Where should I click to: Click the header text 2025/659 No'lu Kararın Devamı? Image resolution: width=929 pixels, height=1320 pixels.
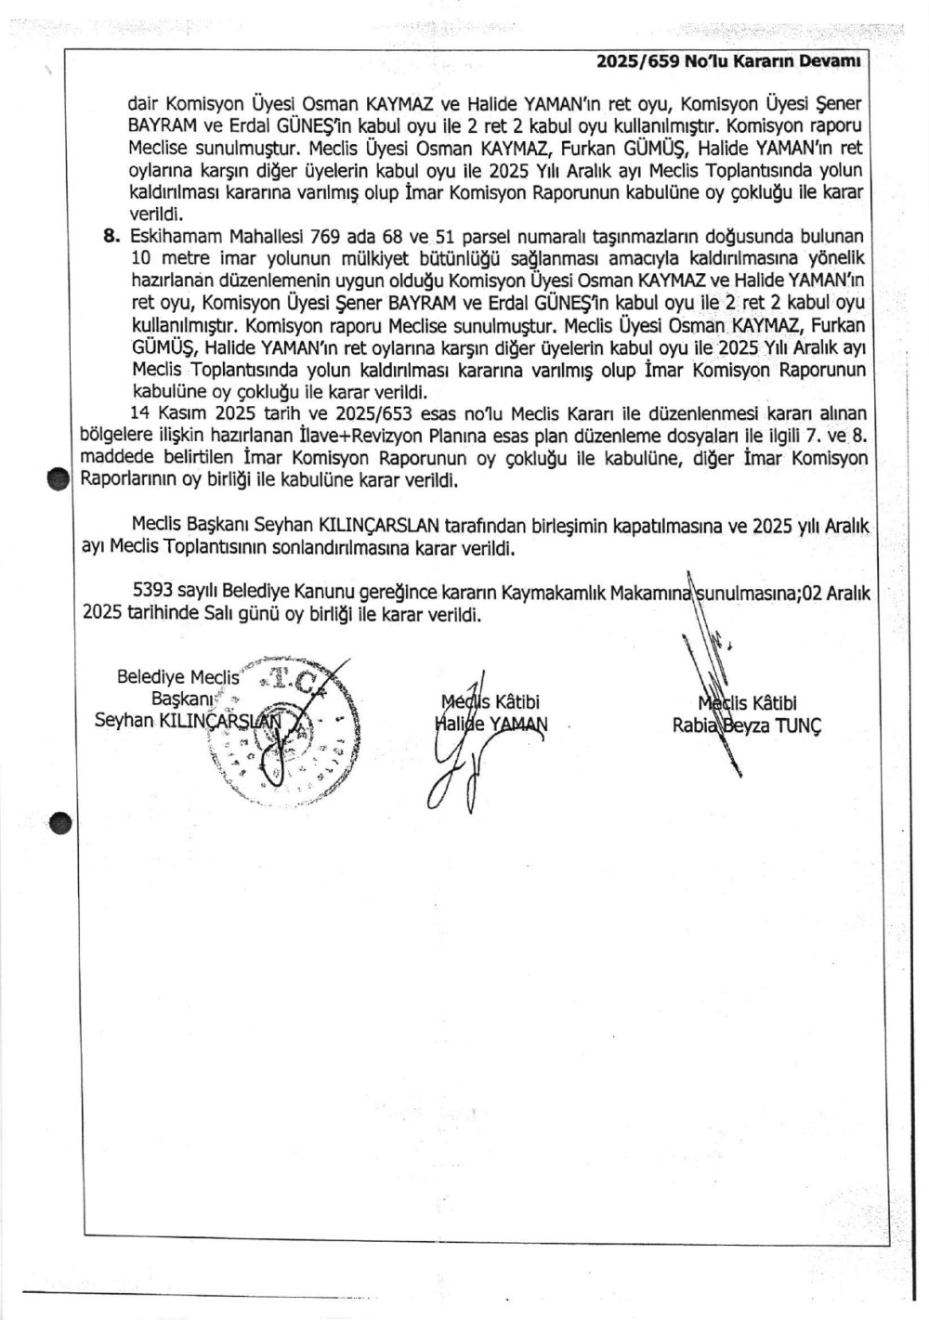(x=730, y=61)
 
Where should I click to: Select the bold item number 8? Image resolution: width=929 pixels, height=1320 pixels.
(x=112, y=236)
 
